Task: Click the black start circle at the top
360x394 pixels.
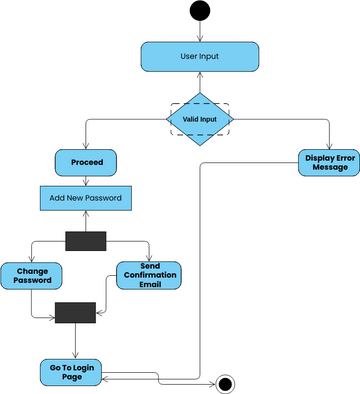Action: click(x=200, y=11)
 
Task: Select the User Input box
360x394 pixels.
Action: click(x=200, y=56)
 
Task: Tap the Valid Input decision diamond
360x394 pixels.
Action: click(x=199, y=119)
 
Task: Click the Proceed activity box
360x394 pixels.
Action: click(x=85, y=161)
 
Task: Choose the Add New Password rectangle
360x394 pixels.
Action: click(x=85, y=197)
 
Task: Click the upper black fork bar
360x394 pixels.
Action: click(x=85, y=240)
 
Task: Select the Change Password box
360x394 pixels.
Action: click(x=32, y=275)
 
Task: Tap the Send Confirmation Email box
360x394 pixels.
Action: click(x=149, y=275)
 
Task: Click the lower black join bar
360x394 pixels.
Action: click(x=75, y=312)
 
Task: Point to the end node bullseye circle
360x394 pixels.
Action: click(x=225, y=383)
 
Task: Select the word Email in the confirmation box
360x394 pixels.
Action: click(x=149, y=286)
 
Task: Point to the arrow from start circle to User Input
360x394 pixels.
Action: click(x=200, y=31)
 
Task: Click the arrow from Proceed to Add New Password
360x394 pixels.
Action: click(x=85, y=179)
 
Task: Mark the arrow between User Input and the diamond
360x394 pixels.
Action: click(x=200, y=82)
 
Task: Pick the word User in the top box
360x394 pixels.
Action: click(x=188, y=56)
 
